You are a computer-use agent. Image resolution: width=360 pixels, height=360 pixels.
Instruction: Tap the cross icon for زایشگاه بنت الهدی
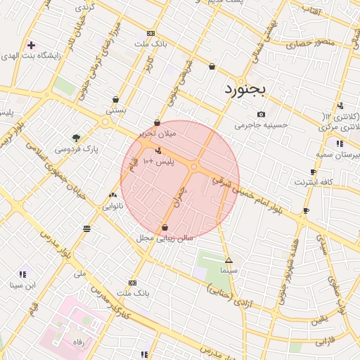click(31, 45)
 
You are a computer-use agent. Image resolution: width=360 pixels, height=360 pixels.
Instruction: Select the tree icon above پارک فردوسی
click(76, 138)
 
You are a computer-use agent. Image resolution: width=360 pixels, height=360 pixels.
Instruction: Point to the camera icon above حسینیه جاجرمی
click(261, 114)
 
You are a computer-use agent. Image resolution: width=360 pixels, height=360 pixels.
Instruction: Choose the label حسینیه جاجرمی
click(262, 125)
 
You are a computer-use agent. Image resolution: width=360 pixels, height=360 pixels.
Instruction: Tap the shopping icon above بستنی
click(115, 100)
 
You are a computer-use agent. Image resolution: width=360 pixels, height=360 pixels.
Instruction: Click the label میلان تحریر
click(157, 133)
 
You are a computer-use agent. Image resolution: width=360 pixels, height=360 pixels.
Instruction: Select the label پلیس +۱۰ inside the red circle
click(158, 162)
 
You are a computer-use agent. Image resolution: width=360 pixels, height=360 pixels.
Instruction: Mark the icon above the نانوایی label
click(112, 195)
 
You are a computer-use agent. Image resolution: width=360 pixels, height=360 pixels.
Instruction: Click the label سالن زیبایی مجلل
click(165, 238)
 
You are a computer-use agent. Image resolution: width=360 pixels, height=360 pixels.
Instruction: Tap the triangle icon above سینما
click(229, 260)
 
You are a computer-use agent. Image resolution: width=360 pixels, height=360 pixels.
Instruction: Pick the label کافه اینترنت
click(311, 182)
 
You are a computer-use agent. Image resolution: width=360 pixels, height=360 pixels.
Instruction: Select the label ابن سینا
click(22, 285)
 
